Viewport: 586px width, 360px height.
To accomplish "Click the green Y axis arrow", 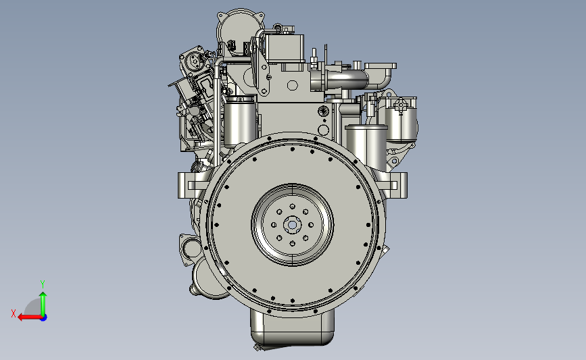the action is click(43, 304).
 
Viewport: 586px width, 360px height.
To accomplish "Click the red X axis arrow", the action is click(30, 317).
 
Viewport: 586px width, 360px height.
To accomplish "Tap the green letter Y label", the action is click(42, 284).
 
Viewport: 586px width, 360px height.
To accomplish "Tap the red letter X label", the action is click(14, 313).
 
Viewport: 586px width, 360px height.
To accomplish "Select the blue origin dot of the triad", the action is click(44, 318).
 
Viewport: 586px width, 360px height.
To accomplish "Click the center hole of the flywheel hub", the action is click(292, 225).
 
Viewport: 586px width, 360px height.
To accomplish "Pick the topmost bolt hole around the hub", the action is click(292, 207).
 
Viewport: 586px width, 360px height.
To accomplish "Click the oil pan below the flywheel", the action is click(292, 330).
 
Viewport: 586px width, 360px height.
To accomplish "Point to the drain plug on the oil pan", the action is click(258, 348).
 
